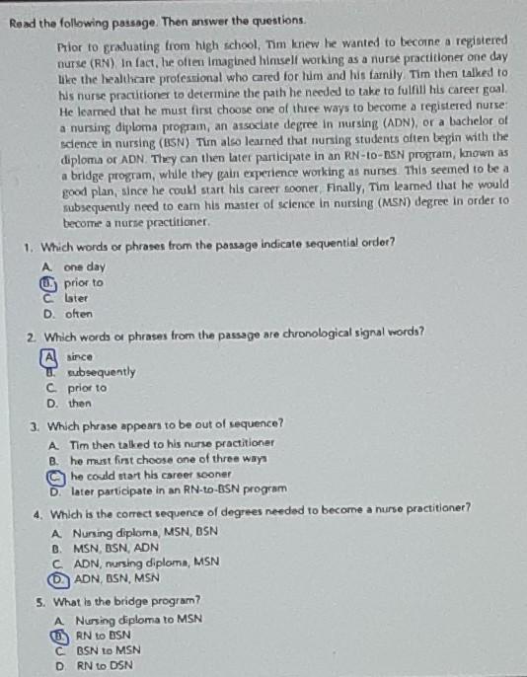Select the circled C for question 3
(x=51, y=475)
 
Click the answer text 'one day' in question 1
(x=84, y=266)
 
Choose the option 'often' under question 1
(x=78, y=314)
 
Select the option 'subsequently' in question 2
(x=101, y=372)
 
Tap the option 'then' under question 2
(x=80, y=403)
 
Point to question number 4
(x=37, y=514)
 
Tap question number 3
(x=35, y=425)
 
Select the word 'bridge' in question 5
(x=139, y=600)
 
